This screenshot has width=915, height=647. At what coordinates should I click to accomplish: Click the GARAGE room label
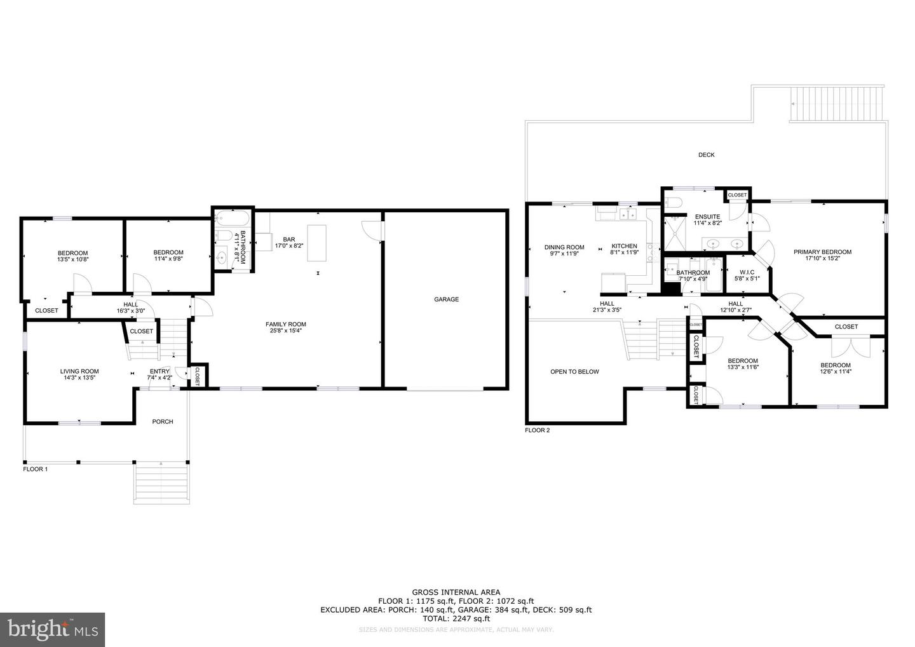(x=446, y=299)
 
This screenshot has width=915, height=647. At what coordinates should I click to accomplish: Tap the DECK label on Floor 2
(x=706, y=154)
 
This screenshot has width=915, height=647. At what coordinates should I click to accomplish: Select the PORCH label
(x=163, y=421)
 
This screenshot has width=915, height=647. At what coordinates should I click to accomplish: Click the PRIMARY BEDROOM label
(x=822, y=252)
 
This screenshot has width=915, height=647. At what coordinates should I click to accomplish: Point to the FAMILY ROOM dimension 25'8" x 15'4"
(x=286, y=331)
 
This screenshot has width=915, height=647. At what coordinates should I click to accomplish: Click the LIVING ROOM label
(x=79, y=371)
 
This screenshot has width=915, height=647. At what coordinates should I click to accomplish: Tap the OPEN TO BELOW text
(x=574, y=372)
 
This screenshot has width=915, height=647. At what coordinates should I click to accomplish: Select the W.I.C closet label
(x=747, y=272)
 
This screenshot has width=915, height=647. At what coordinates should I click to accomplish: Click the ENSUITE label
(x=707, y=217)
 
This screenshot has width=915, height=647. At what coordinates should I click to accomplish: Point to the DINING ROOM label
(x=564, y=247)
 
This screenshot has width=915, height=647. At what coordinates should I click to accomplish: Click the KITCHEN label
(x=624, y=246)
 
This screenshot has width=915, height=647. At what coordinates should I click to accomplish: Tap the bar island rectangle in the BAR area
(x=316, y=243)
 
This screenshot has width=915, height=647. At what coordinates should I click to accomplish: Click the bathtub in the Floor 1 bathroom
(x=231, y=220)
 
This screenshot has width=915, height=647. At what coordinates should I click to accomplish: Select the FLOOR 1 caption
(x=36, y=469)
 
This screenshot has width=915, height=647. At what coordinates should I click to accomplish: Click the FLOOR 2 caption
(x=537, y=430)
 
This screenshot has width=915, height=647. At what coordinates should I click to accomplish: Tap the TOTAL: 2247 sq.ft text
(x=456, y=618)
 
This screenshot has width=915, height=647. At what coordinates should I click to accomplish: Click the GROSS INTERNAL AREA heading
(x=456, y=592)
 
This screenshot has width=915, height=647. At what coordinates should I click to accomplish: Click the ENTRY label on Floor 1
(x=159, y=372)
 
